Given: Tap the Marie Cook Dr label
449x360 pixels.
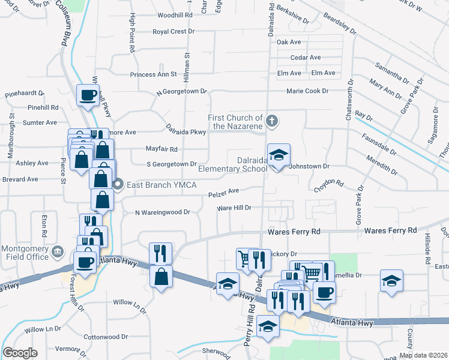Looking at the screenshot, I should coord(307,91).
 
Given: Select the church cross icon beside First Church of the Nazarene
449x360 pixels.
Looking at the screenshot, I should coord(271,121).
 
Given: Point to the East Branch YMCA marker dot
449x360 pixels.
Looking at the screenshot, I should coord(118,184).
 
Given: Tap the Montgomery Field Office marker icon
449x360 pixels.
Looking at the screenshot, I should coord(58,251).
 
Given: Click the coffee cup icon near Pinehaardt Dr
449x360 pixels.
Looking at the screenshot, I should coord(88,95).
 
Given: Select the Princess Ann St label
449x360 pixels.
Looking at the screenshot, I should coord(154,75).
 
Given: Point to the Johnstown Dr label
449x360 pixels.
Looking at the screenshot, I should coord(310,166).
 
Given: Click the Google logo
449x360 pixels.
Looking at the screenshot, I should coord(20,353).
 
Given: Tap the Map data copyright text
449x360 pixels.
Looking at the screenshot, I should coord(423,355).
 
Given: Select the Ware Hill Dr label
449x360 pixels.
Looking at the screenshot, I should coord(234,208).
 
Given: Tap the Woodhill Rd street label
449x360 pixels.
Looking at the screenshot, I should coord(175,16).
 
